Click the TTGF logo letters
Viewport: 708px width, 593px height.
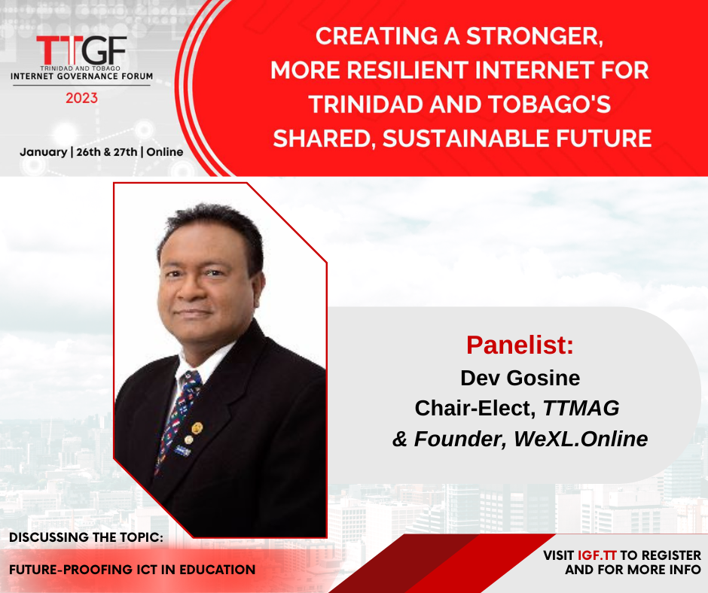coord(81,50)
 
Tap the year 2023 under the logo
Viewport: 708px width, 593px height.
coord(82,98)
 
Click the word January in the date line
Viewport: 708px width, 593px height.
coord(44,152)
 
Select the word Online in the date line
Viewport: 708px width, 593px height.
coord(165,151)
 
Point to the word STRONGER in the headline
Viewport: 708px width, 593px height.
coord(535,37)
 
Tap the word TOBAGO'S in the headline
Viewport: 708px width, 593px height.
coord(550,104)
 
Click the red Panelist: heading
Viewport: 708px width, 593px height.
coord(520,345)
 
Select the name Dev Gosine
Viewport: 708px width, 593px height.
coord(520,378)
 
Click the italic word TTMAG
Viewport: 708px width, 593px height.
coord(581,408)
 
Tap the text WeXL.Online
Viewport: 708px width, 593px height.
coord(581,439)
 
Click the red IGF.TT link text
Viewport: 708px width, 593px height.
coord(597,555)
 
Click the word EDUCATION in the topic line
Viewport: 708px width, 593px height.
coord(218,570)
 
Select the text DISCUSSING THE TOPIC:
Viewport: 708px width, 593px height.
coord(87,537)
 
